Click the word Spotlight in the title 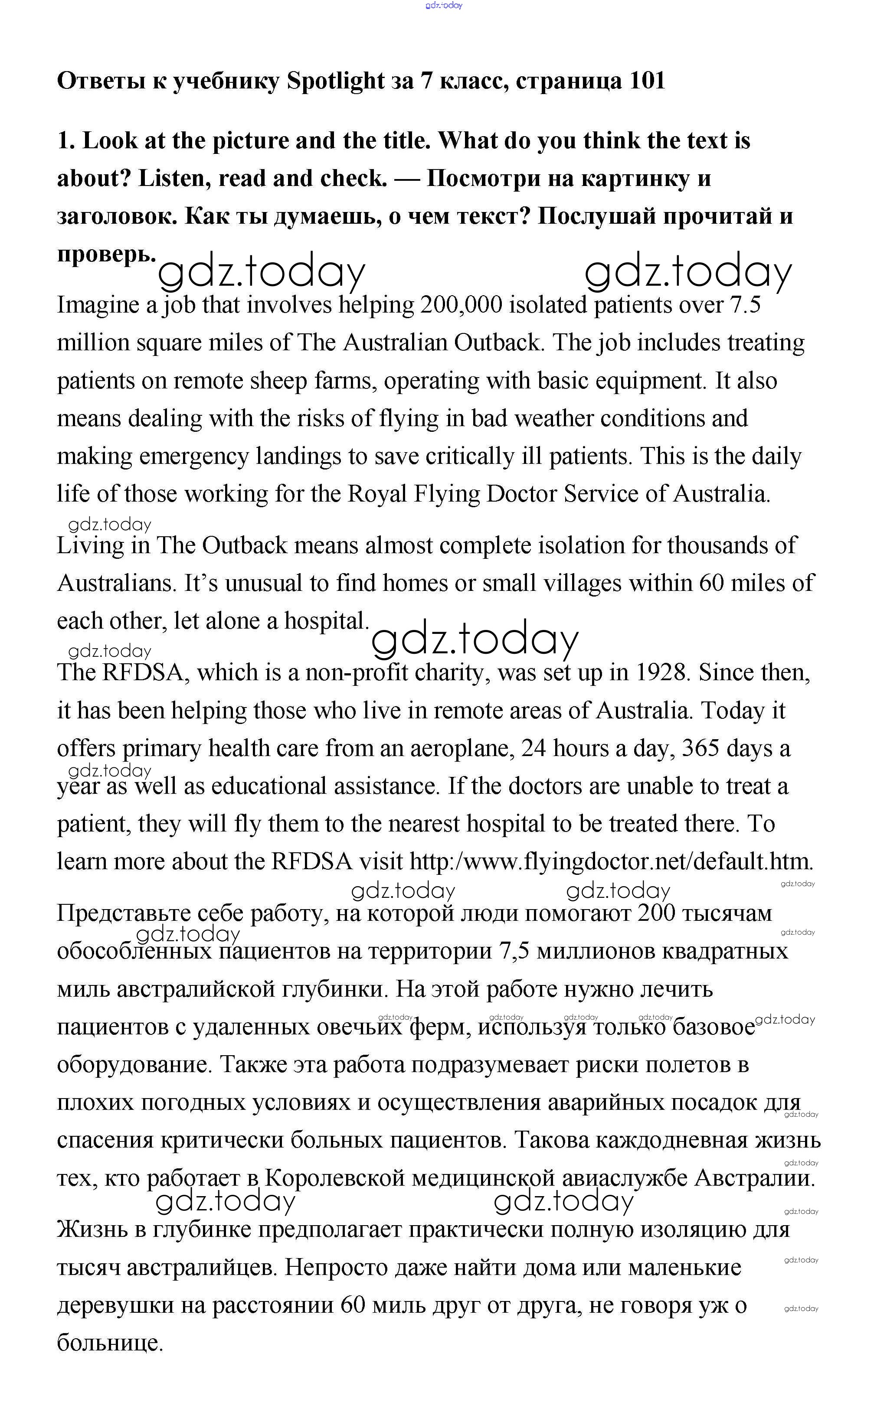click(335, 81)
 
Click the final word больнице click(110, 1343)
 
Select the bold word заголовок click(117, 216)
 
